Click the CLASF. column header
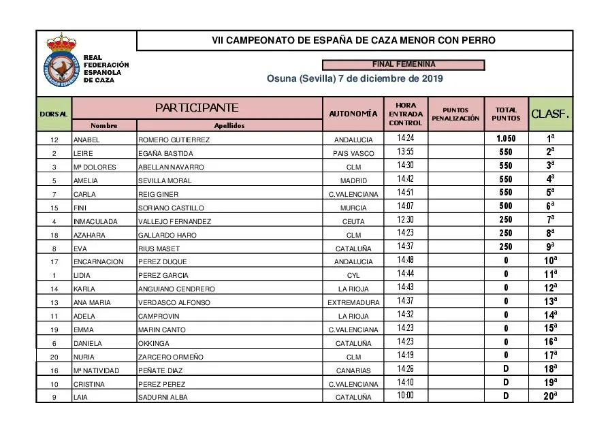coord(550,114)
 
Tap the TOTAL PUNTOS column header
coord(506,114)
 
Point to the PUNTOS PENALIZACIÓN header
coord(455,114)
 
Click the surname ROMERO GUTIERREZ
coord(174,140)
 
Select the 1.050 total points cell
coord(506,138)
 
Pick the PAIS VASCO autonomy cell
coord(353,153)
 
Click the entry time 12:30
coord(405,220)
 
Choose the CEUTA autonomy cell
coord(353,221)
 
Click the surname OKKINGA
coord(154,343)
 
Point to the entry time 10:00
coord(405,396)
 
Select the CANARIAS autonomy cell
coord(353,370)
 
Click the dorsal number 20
coord(54,357)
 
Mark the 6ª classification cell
coord(550,206)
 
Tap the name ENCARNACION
coord(98,261)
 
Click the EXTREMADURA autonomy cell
coord(353,302)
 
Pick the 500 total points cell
coord(506,206)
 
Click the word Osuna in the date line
coord(281,78)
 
